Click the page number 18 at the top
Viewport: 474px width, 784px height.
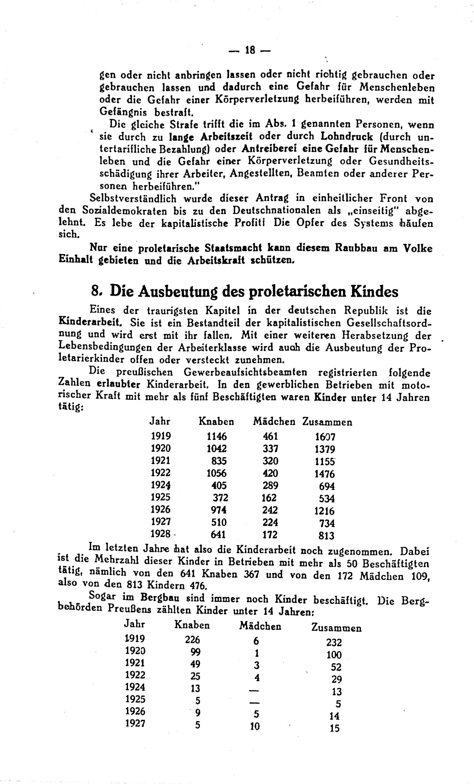[x=249, y=50]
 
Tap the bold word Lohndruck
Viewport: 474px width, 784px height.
[x=347, y=136]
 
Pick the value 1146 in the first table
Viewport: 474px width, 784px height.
[x=217, y=436]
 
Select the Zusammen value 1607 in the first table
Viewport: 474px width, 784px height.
[x=325, y=437]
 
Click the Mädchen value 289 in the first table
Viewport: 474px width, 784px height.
[x=270, y=486]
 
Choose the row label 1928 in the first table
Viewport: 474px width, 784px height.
[x=160, y=534]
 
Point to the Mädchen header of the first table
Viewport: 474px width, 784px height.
[x=274, y=422]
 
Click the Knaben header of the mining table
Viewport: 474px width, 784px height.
[x=192, y=625]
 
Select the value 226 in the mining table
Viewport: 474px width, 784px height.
[x=192, y=640]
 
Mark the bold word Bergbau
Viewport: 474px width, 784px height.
[x=160, y=598]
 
